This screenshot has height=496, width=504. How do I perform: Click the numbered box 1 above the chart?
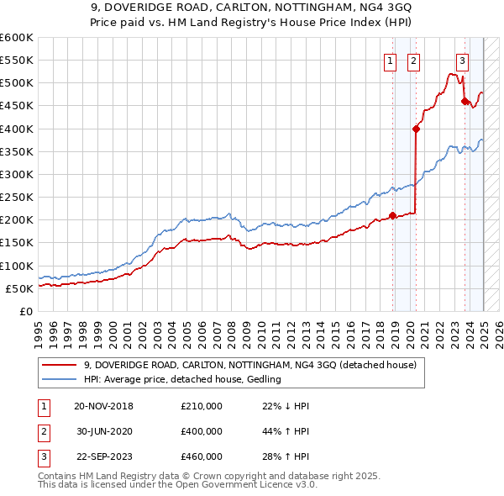[391, 60]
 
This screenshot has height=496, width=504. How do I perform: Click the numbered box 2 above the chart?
[414, 60]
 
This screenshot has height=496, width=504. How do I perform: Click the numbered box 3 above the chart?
[463, 60]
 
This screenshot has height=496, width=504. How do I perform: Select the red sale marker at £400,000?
[416, 129]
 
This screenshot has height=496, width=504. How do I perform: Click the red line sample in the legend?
[58, 365]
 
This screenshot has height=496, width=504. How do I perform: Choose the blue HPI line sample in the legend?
[58, 380]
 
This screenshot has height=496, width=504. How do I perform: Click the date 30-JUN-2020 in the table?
[104, 431]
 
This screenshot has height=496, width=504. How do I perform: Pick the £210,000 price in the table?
[202, 406]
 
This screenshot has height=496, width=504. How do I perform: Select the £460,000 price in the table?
[202, 456]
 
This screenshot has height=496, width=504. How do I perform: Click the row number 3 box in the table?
[43, 456]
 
